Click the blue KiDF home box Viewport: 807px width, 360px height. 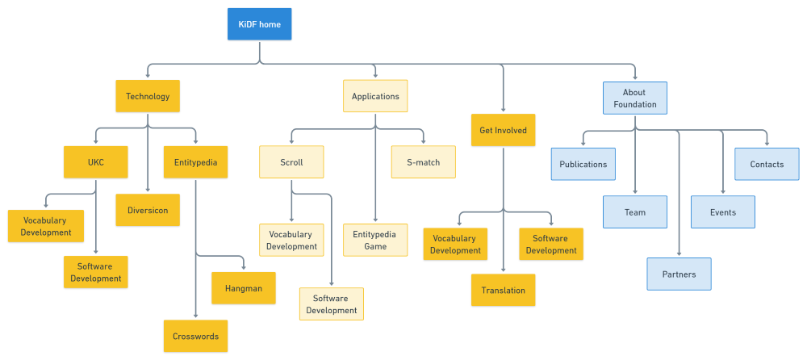coord(259,24)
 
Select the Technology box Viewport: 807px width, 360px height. coord(148,96)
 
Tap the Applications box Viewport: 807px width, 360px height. coord(375,96)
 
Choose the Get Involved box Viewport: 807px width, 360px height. coord(503,130)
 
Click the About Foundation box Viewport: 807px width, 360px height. coord(634,98)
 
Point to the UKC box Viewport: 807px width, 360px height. coord(96,162)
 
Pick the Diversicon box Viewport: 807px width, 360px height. coord(148,210)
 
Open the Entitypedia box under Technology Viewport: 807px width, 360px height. coord(195,162)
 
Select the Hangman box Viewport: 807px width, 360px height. coord(244,288)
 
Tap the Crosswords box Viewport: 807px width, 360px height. coord(195,336)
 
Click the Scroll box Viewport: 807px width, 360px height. coord(291,162)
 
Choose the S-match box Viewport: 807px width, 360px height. coord(423,162)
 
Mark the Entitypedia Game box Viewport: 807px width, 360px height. coord(375,241)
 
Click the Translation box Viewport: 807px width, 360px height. coord(503,291)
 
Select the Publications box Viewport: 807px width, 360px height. coord(583,164)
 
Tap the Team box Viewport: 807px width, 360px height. coord(635,212)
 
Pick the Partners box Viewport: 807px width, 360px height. coord(679,274)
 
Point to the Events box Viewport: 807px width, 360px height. coord(723,212)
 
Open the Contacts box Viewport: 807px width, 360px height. coord(767,164)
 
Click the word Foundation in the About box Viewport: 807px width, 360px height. coord(634,105)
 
